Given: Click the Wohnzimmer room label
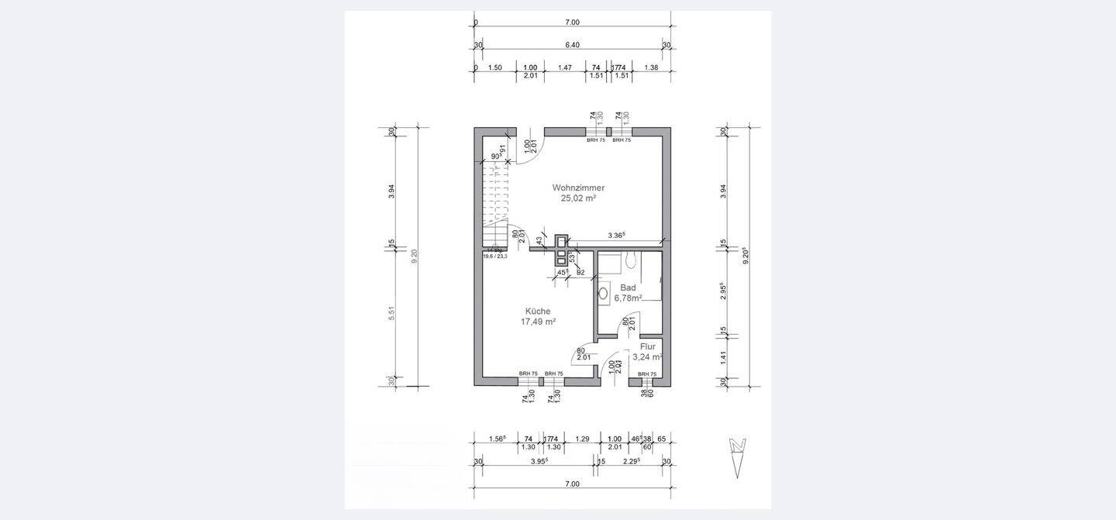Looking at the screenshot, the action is pos(578,188).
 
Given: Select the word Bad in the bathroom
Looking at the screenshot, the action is pos(628,288).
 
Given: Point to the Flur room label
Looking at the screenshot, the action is pos(648,346).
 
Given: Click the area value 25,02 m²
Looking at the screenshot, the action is pos(578,198).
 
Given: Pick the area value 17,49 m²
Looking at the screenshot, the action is pos(538,322).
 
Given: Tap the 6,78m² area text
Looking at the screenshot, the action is pos(628,298).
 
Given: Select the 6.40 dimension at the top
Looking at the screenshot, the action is pos(573,45).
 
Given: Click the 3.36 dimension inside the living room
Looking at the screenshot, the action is pos(617,235).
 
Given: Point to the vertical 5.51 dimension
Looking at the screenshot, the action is pos(392,313).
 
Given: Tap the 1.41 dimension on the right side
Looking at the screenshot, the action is pos(724,357).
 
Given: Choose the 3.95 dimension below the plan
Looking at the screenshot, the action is pos(539,461).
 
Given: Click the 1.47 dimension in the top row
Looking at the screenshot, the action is pos(564,67).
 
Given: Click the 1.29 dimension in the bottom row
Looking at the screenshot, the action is pos(582,439).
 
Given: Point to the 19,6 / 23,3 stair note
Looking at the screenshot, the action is pos(494,256).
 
